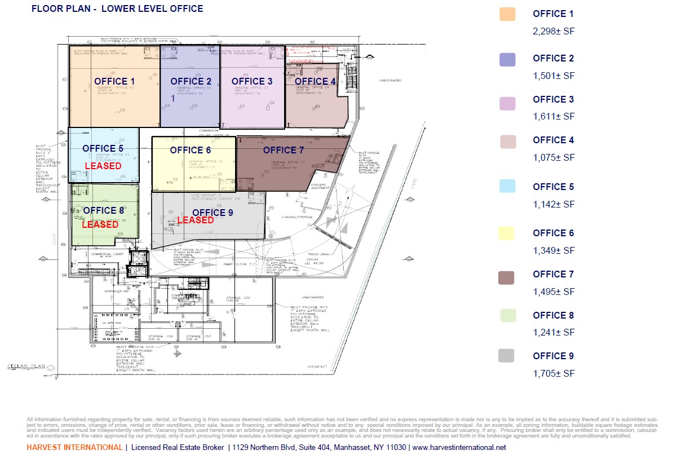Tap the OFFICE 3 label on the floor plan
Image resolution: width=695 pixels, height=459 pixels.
[x=252, y=82]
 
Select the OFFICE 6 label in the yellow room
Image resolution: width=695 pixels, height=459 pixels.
[x=191, y=151]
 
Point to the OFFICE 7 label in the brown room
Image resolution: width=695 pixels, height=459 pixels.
[x=284, y=151]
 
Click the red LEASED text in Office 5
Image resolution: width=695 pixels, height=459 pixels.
[x=103, y=166]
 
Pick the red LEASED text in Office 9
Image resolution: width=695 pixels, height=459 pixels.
[x=196, y=220]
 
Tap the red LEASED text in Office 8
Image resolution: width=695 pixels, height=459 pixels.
[x=100, y=224]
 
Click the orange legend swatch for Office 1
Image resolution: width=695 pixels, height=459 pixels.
[x=507, y=15]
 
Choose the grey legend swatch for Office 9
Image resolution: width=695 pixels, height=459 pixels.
[x=506, y=356]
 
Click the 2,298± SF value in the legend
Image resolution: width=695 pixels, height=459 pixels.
[x=554, y=32]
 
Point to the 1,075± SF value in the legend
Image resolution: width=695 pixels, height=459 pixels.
[x=554, y=158]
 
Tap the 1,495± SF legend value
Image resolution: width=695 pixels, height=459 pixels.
[x=554, y=292]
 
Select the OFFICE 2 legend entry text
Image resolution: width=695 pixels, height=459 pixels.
[x=554, y=59]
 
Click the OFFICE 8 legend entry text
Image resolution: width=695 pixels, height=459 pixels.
[x=554, y=316]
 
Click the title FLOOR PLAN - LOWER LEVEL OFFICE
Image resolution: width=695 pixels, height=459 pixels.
[x=117, y=9]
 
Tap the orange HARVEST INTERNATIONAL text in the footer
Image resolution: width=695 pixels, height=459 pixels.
[x=74, y=448]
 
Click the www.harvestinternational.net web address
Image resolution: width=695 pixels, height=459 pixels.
[x=459, y=448]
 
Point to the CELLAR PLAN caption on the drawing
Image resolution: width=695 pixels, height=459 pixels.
[x=25, y=366]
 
